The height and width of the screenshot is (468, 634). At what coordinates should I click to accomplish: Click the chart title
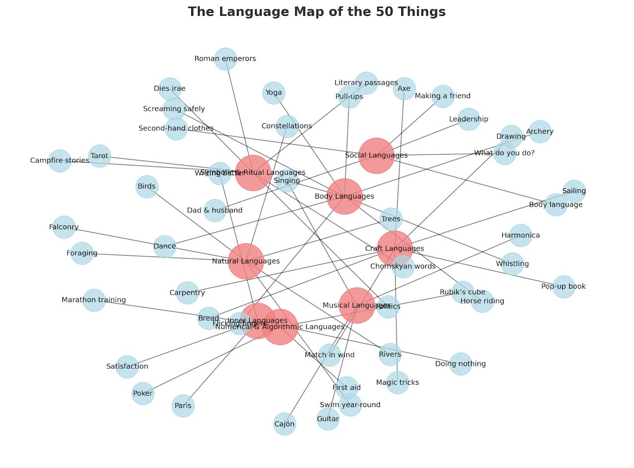[317, 12]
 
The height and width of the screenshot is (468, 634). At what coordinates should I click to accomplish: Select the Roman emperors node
[225, 59]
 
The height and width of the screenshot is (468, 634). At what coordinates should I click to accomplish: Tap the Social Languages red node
[376, 156]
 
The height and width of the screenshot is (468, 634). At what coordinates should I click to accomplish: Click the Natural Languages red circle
[246, 261]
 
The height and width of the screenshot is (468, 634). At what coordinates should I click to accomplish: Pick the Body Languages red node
[344, 197]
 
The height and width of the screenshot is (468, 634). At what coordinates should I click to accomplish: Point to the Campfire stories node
[59, 160]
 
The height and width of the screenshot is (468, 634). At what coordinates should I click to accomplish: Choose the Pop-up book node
[564, 286]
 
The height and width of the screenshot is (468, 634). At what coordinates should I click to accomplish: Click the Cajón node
[284, 424]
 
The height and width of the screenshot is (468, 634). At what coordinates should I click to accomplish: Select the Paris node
[183, 406]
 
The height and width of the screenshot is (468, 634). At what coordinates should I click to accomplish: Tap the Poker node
[143, 393]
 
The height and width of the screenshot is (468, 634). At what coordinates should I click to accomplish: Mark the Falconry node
[64, 227]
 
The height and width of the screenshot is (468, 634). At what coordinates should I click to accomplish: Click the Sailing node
[574, 191]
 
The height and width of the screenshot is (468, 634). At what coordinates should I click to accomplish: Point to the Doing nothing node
[461, 364]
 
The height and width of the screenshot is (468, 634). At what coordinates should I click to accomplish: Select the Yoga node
[273, 93]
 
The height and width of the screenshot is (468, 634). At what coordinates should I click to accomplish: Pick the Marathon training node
[94, 300]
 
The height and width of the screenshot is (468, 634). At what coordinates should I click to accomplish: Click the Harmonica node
[521, 235]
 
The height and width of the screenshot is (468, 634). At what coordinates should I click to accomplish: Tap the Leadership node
[469, 119]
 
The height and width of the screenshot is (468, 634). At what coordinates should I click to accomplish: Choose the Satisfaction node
[127, 366]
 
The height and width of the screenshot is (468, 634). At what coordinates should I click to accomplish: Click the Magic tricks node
[397, 382]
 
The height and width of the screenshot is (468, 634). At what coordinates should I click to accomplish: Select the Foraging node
[82, 253]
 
